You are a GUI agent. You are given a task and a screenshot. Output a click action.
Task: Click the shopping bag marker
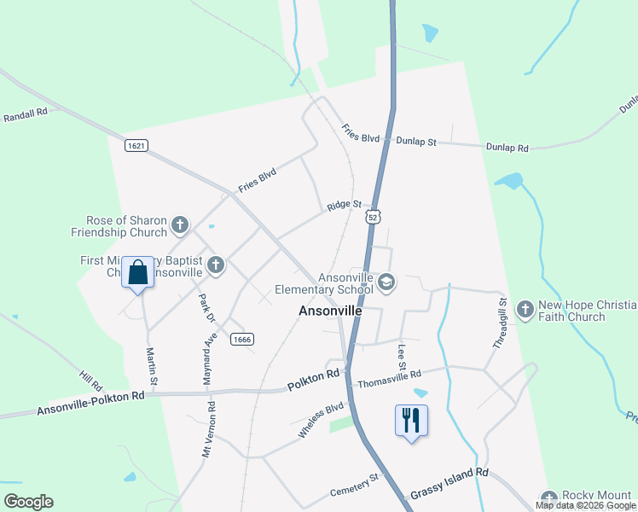pos(137,273)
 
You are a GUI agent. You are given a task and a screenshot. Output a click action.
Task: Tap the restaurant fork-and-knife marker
pos(411,420)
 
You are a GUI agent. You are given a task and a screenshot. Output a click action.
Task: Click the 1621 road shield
pos(136,146)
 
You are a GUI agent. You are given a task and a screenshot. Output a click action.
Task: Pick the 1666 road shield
pos(241,339)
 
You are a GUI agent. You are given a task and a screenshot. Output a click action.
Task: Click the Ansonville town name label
pos(330,311)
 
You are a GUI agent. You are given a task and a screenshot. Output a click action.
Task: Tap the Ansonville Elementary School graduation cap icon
pos(386,282)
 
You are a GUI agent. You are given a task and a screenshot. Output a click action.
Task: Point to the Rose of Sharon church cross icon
pos(179,225)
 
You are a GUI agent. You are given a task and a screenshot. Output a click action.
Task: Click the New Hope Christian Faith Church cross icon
pos(525,310)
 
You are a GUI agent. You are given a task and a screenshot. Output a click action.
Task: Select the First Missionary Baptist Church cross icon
pos(216,265)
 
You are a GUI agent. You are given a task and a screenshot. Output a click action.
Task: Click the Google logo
pos(28,501)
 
